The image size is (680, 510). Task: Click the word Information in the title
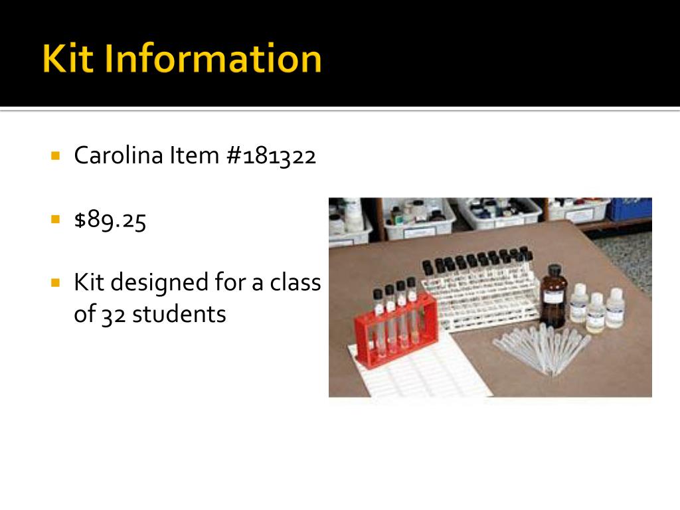pyautogui.click(x=212, y=59)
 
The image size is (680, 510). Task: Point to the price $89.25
pyautogui.click(x=110, y=220)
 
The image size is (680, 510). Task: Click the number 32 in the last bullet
pyautogui.click(x=113, y=314)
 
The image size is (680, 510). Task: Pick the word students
pyautogui.click(x=179, y=314)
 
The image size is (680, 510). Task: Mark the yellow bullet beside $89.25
pyautogui.click(x=56, y=218)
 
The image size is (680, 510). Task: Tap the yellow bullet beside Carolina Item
pyautogui.click(x=56, y=155)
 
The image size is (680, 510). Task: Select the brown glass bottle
pyautogui.click(x=552, y=299)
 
